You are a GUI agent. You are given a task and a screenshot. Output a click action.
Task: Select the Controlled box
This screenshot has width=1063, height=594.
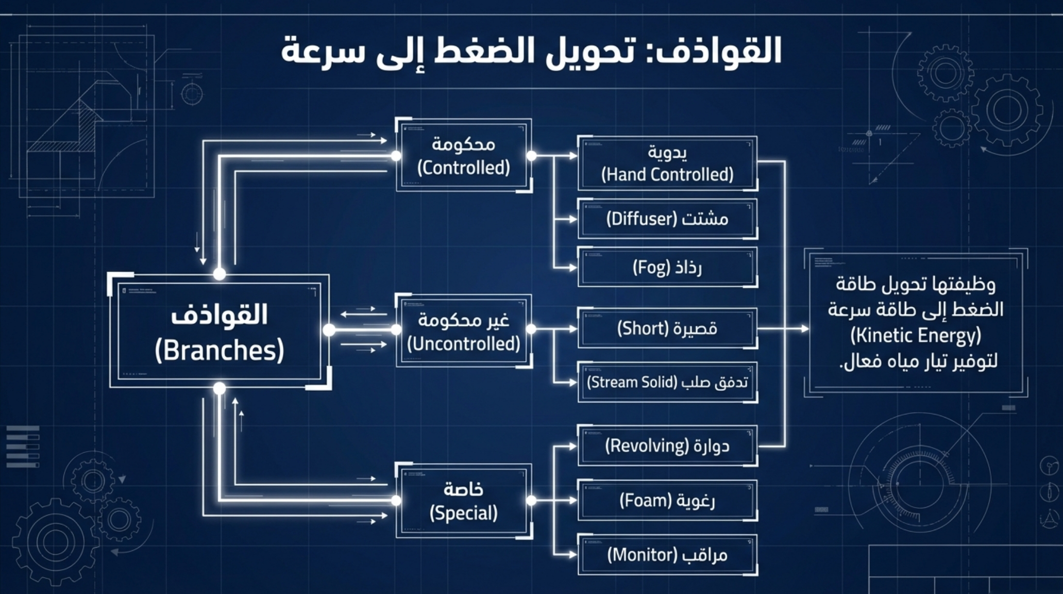463,156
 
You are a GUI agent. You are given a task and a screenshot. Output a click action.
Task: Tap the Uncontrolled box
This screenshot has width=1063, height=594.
463,331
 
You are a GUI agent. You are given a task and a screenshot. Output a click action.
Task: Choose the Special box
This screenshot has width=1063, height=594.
463,501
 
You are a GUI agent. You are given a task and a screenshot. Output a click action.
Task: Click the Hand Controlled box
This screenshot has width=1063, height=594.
667,163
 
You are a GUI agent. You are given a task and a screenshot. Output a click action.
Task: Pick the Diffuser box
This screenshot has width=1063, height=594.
667,219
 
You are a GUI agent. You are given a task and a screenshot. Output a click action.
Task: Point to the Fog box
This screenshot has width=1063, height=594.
667,268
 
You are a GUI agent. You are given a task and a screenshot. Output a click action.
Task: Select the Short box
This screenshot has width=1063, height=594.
667,328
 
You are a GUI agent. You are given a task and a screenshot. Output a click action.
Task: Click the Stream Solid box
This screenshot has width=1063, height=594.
667,383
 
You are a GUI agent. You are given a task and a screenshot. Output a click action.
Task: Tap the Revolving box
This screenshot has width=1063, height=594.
667,446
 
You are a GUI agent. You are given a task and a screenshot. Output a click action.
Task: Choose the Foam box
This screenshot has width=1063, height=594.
667,501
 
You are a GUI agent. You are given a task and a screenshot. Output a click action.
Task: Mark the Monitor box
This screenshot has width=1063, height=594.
667,555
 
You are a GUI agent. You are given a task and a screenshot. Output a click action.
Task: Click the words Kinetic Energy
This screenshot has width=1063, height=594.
916,336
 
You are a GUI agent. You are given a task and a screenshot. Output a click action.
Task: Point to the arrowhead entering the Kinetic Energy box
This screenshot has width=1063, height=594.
804,328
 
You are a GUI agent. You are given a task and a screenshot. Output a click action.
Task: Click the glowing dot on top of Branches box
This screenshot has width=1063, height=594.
220,273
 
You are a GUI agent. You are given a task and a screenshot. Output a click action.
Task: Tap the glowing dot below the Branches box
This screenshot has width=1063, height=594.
220,388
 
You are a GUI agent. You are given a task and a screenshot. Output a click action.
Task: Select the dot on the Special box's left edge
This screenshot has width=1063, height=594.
396,500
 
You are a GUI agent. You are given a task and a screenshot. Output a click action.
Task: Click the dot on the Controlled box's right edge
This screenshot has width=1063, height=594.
531,156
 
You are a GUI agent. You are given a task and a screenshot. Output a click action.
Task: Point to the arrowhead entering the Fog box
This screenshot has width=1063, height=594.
572,268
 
